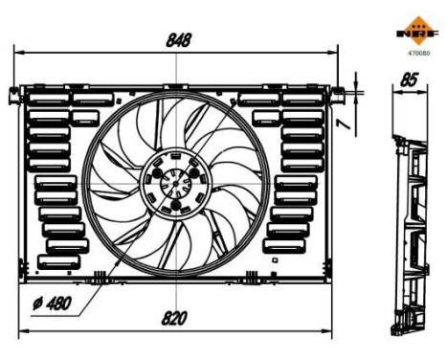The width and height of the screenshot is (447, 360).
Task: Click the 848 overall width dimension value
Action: pos(178,40)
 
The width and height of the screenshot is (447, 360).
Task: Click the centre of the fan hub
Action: pos(173,183)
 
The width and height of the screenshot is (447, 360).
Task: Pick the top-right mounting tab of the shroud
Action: pos(338,93)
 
